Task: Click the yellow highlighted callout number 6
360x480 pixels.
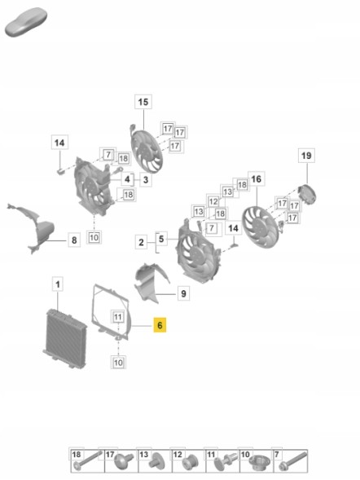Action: click(160, 325)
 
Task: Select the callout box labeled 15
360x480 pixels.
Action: click(143, 102)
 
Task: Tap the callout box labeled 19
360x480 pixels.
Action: click(306, 156)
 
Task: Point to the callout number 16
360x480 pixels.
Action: click(257, 178)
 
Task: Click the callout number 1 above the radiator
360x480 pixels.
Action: click(58, 284)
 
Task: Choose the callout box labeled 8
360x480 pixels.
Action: click(74, 240)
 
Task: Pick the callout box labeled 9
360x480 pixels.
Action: click(183, 293)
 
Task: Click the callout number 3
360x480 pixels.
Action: click(146, 179)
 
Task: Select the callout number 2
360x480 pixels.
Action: click(141, 243)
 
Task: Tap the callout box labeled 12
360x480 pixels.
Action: click(213, 202)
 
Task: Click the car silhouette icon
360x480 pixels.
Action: click(26, 22)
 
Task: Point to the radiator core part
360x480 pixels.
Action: click(65, 338)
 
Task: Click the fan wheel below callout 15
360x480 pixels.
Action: click(147, 152)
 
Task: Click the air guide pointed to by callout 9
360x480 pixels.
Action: click(151, 283)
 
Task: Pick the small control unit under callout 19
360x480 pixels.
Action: click(307, 194)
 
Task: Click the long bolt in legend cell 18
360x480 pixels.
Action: click(88, 460)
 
